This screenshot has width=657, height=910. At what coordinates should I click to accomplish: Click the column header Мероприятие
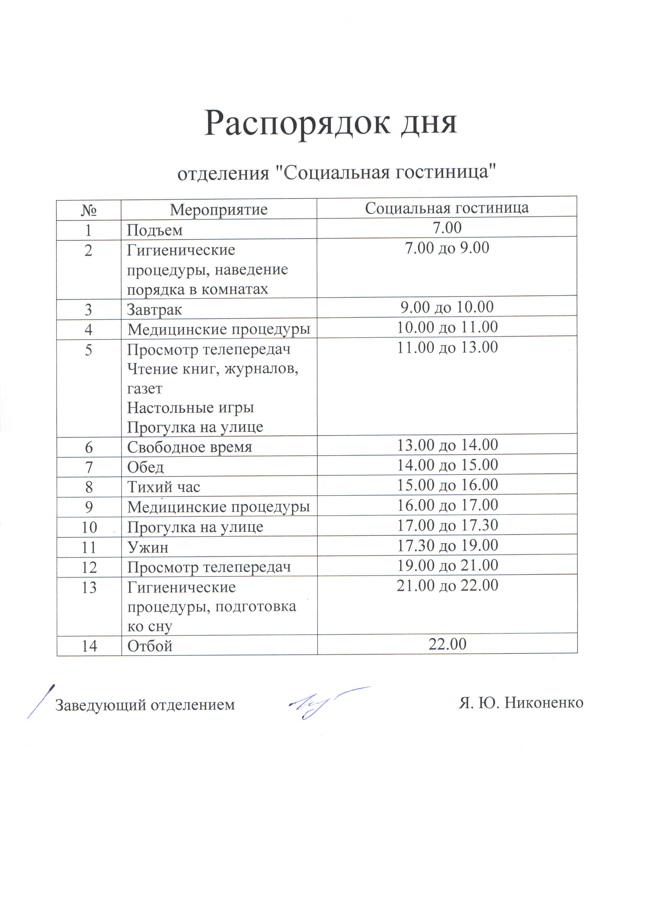219,209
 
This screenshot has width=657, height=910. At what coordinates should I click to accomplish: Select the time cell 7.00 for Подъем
447,228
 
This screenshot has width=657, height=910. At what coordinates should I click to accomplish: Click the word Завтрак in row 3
154,310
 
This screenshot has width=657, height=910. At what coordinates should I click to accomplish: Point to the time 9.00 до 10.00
447,307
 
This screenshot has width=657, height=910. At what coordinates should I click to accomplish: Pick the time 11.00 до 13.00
447,347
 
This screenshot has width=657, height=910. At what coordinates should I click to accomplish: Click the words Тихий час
163,487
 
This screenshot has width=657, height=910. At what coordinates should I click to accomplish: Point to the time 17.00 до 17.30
447,525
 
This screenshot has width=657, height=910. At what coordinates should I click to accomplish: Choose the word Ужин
147,547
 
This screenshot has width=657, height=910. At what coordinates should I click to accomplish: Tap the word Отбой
150,646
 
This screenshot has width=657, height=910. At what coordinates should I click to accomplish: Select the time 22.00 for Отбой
447,644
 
